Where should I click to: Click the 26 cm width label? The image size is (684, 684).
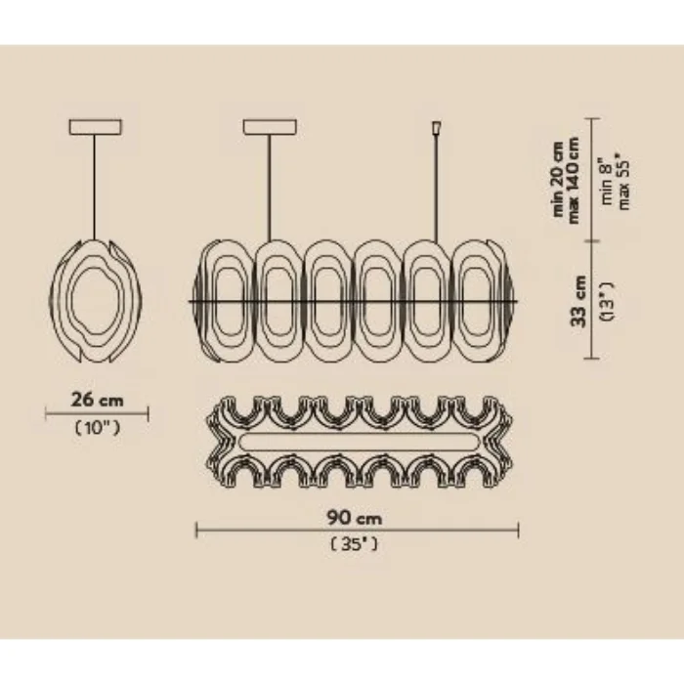98,400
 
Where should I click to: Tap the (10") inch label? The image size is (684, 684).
98,428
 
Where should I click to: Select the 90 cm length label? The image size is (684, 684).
355,518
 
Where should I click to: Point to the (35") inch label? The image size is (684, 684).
354,544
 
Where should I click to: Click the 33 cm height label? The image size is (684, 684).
578,301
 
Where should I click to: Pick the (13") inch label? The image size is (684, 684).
607,301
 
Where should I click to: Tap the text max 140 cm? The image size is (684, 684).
574,181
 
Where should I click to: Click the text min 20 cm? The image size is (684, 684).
558,179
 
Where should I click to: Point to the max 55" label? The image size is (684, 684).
624,184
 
